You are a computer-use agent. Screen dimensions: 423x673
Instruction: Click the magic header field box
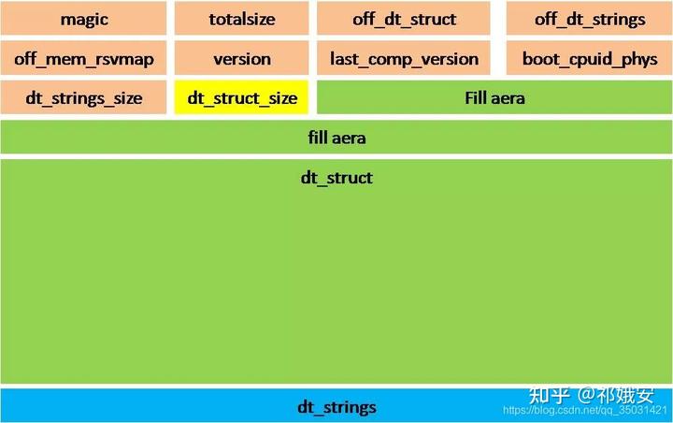pyautogui.click(x=84, y=20)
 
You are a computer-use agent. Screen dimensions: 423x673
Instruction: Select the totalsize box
pyautogui.click(x=241, y=20)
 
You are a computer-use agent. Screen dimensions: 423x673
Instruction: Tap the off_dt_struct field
pyautogui.click(x=404, y=20)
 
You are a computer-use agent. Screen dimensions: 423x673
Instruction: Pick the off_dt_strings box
pyautogui.click(x=590, y=20)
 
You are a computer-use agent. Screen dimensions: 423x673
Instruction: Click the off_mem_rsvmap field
pyautogui.click(x=84, y=59)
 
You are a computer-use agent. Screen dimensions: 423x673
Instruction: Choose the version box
pyautogui.click(x=241, y=59)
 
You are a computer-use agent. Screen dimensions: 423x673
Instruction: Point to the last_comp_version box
pyautogui.click(x=404, y=59)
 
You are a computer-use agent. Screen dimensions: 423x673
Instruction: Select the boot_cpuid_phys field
pyautogui.click(x=590, y=59)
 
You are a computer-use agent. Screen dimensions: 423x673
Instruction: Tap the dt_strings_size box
pyautogui.click(x=84, y=97)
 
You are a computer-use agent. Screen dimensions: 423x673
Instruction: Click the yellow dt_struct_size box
pyautogui.click(x=241, y=97)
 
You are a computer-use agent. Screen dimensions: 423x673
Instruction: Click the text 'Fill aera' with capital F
pyautogui.click(x=495, y=97)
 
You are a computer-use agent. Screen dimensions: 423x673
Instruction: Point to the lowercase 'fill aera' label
pyautogui.click(x=336, y=138)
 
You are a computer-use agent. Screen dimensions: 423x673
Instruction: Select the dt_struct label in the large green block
pyautogui.click(x=336, y=178)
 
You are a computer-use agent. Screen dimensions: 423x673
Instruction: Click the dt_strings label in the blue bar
pyautogui.click(x=336, y=407)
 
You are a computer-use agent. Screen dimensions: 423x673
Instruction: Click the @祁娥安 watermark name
pyautogui.click(x=616, y=395)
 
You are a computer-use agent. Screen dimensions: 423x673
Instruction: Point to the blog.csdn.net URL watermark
pyautogui.click(x=584, y=411)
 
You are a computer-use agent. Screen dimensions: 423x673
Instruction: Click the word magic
pyautogui.click(x=84, y=20)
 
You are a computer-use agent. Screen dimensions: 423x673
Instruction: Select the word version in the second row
pyautogui.click(x=241, y=59)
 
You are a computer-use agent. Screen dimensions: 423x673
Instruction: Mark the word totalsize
pyautogui.click(x=241, y=20)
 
